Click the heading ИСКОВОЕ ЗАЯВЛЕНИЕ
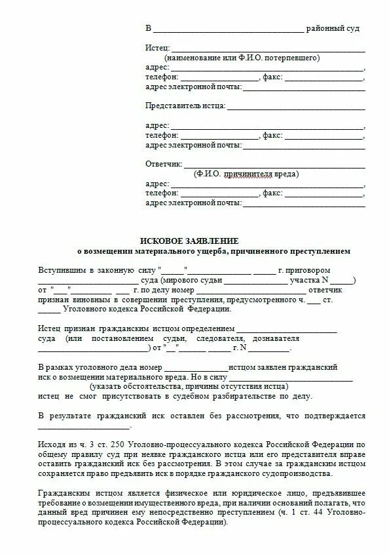point(189,241)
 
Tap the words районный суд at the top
point(333,29)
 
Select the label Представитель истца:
point(185,106)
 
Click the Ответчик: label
point(162,164)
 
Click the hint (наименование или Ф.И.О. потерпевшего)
point(242,58)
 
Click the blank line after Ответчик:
point(274,164)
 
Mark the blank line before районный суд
point(229,29)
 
